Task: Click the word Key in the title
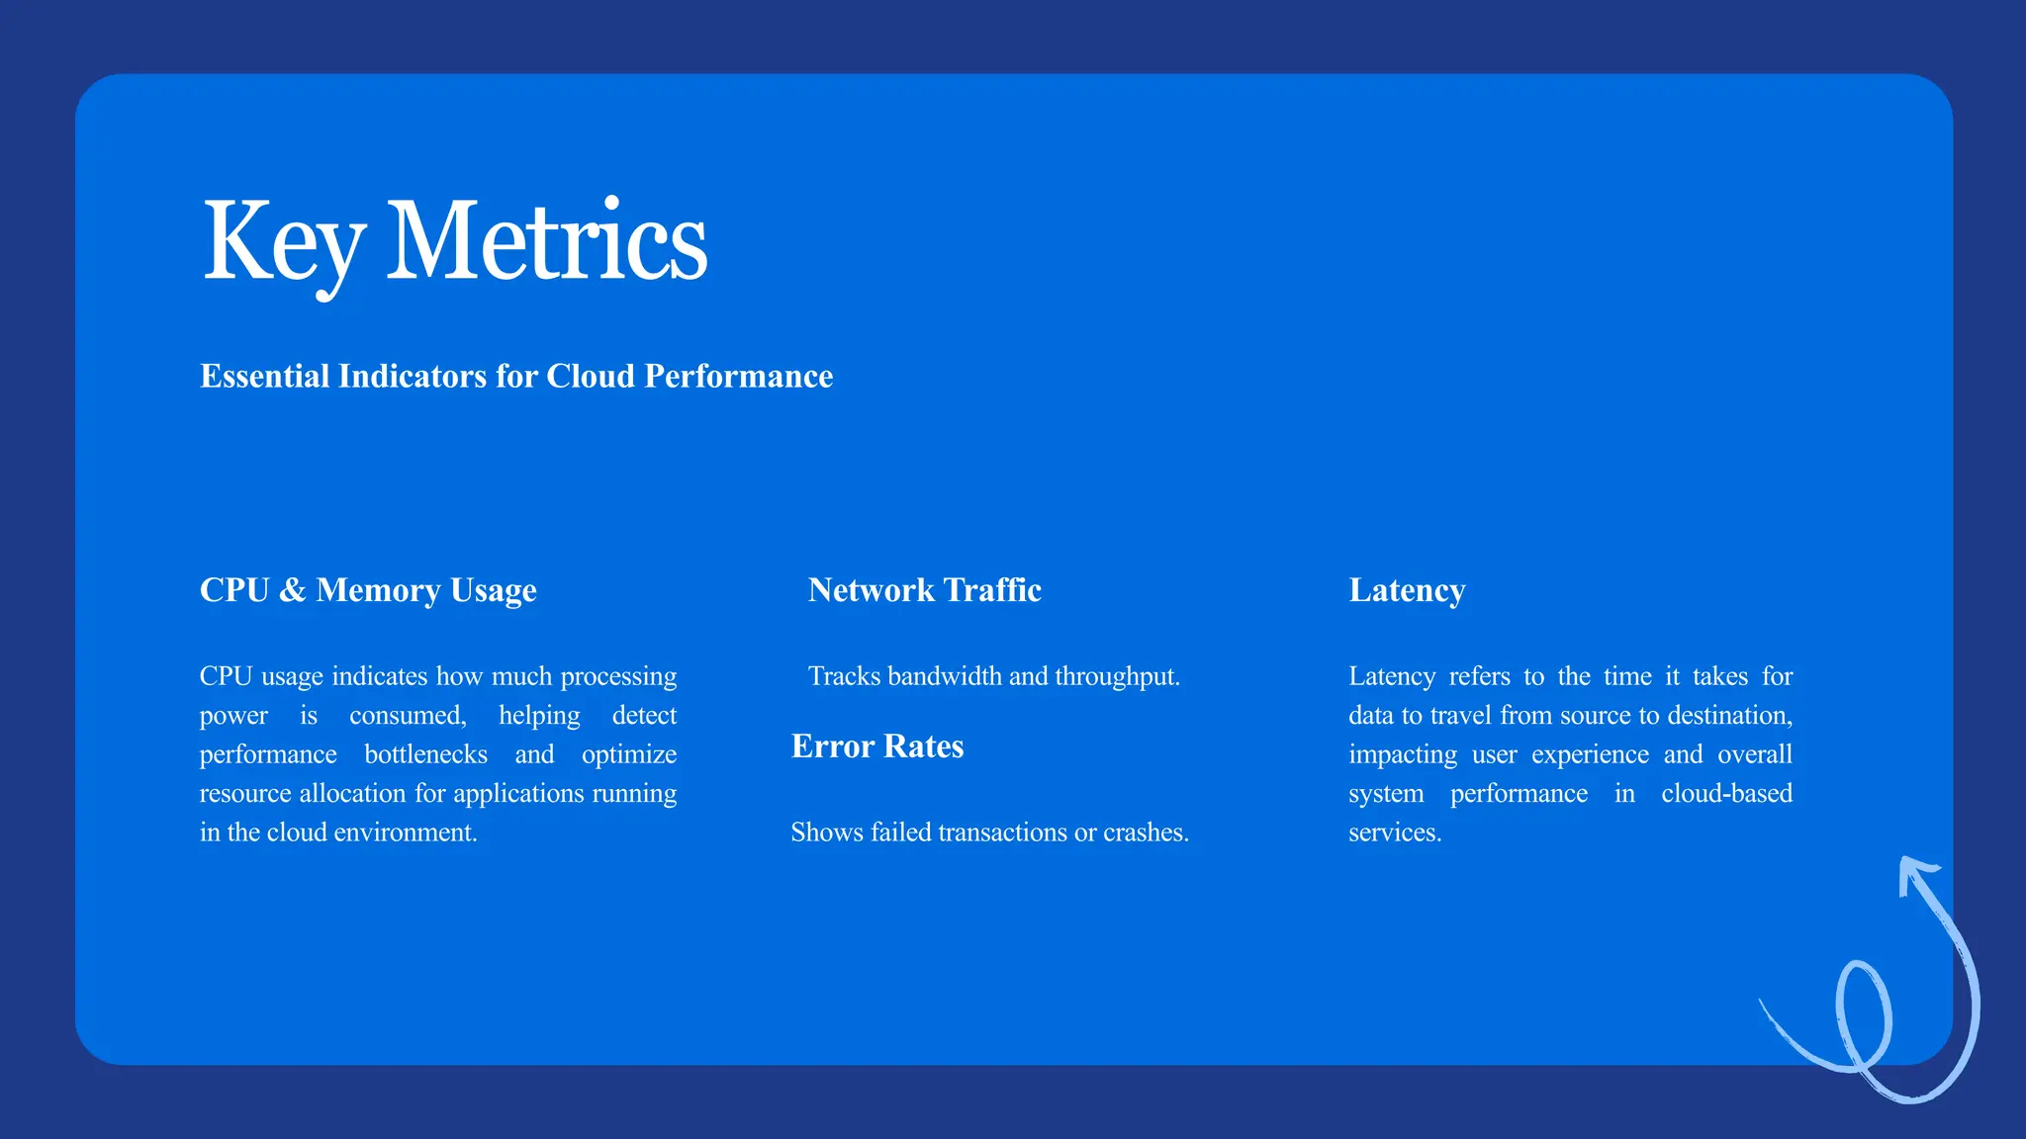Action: click(283, 242)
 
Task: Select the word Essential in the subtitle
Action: click(264, 377)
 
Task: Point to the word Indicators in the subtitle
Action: click(412, 377)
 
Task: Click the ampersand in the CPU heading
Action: click(292, 590)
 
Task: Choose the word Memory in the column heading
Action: click(378, 590)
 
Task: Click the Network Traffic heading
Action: click(924, 590)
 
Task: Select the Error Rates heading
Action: click(876, 746)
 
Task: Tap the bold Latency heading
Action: click(1406, 590)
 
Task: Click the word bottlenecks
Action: click(425, 754)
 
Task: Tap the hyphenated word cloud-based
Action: click(1726, 794)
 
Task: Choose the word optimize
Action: click(628, 754)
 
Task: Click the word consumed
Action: click(407, 716)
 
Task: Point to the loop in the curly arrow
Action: click(1863, 1014)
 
